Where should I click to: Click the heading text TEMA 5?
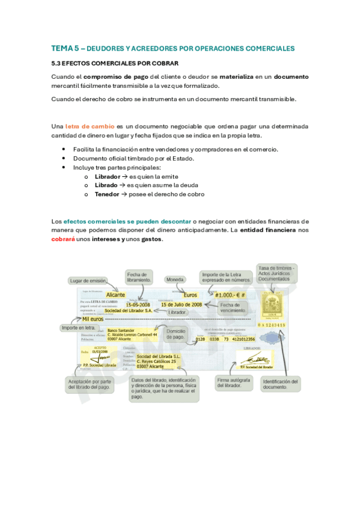click(64, 48)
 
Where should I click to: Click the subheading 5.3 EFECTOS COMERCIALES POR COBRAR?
click(115, 63)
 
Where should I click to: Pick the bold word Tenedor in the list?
click(107, 194)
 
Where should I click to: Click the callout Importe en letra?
click(79, 328)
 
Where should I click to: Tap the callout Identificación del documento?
click(280, 384)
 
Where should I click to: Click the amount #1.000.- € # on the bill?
click(230, 295)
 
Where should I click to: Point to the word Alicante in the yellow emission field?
click(115, 295)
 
